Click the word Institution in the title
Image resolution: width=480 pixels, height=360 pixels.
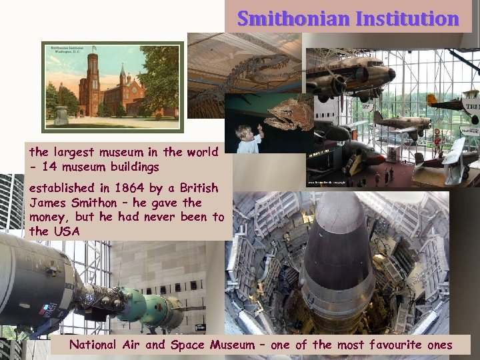click(407, 19)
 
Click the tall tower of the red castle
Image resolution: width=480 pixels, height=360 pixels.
click(92, 83)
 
